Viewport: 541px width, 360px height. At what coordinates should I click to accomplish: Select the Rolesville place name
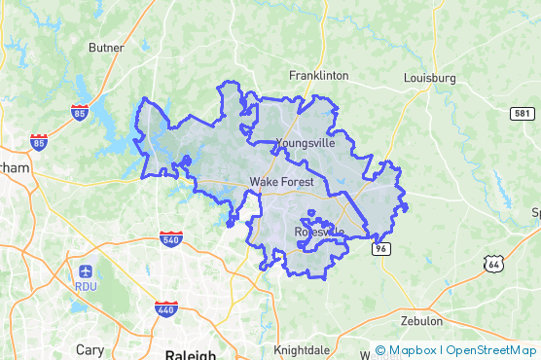tap(318, 232)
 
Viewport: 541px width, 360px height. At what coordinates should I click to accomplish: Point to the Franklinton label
tap(319, 75)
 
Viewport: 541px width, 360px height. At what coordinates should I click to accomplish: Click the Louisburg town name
tap(429, 77)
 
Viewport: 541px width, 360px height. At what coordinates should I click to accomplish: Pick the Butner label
tap(106, 47)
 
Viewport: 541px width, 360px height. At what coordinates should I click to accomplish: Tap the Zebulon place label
tap(421, 320)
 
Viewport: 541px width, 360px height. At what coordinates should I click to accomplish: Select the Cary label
tap(90, 348)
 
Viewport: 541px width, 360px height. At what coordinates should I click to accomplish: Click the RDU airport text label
tap(86, 286)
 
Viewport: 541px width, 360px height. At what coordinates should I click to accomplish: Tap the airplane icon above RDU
tap(86, 270)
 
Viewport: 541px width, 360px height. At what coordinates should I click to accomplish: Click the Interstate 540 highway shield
tap(171, 238)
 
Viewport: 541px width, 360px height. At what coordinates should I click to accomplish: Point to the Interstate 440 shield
tap(165, 308)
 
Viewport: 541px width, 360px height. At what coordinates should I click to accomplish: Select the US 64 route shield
tap(494, 263)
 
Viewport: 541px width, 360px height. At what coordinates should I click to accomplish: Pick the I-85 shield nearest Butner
tap(80, 112)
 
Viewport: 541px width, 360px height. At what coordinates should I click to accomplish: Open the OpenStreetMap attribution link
tap(492, 350)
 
